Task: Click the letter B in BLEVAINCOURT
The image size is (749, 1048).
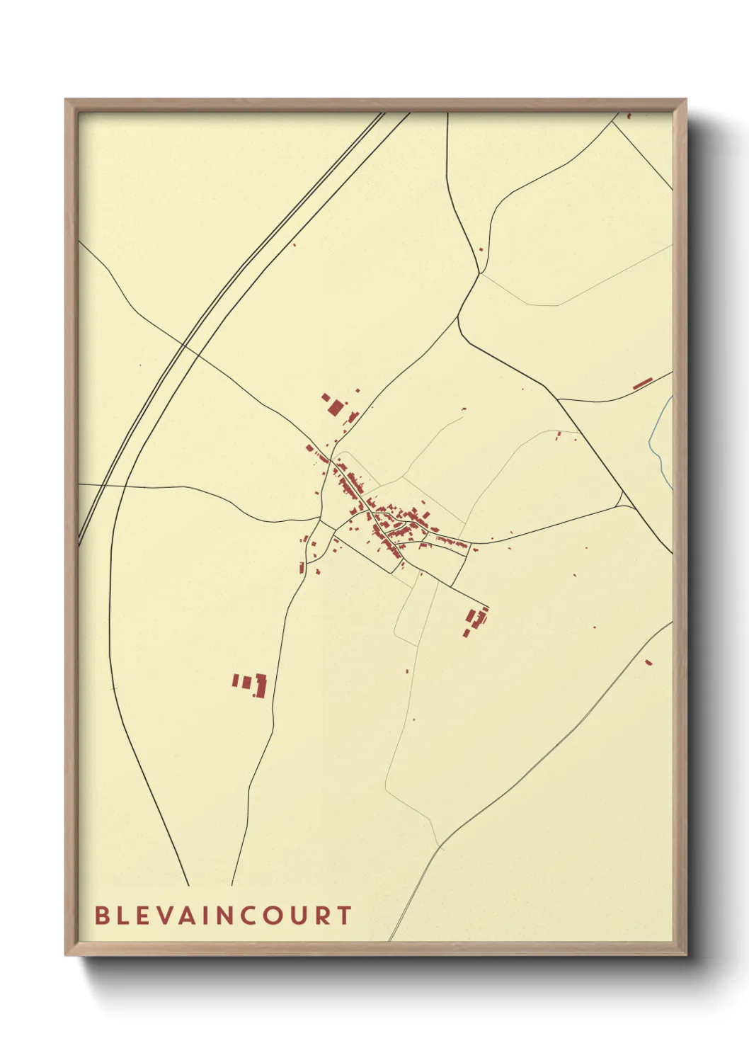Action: click(101, 916)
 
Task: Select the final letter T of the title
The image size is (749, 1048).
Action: click(344, 916)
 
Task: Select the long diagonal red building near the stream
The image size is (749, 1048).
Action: click(641, 384)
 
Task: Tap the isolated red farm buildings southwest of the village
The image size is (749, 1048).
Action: click(251, 684)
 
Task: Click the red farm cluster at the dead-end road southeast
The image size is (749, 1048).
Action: click(476, 620)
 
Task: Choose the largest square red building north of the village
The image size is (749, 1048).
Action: click(335, 407)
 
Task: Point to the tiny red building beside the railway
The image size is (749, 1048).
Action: click(295, 245)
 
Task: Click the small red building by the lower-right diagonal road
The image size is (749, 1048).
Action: click(648, 663)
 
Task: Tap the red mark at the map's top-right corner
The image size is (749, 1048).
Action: click(628, 115)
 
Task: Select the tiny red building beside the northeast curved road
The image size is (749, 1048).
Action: click(481, 249)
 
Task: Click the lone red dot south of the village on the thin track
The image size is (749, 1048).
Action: click(408, 671)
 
